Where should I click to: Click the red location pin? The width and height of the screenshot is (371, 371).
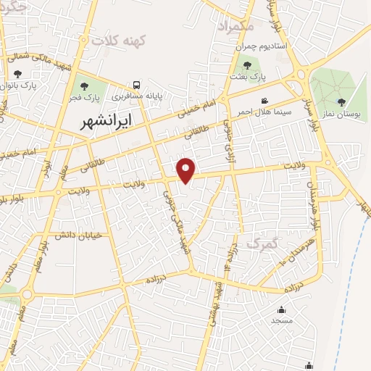[187, 170]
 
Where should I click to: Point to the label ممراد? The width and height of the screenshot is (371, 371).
[237, 25]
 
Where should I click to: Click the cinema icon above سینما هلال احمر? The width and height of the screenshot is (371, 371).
[265, 101]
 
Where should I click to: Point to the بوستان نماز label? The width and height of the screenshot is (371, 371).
[341, 114]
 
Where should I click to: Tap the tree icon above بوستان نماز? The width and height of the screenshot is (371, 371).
[341, 102]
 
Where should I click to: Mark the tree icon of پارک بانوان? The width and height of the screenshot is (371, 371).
[17, 74]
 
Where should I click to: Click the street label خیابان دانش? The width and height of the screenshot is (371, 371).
[77, 234]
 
